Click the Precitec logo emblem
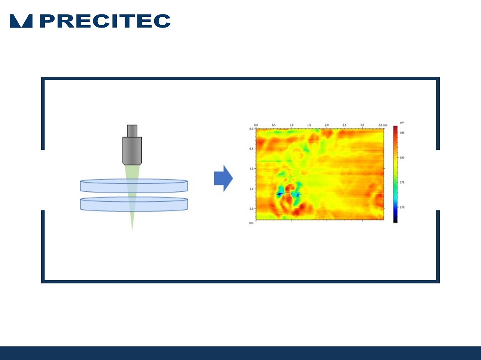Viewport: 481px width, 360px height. (21, 21)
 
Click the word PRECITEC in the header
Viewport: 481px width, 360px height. (105, 21)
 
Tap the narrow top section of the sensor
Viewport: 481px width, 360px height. (132, 130)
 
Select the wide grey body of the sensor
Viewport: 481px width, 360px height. (132, 151)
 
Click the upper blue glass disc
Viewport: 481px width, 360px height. (134, 186)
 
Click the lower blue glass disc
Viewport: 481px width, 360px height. (134, 204)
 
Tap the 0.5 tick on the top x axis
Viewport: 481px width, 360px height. (273, 124)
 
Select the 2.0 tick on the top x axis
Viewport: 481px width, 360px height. (327, 124)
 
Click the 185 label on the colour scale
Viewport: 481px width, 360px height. (402, 133)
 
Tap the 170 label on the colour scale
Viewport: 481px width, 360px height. (402, 207)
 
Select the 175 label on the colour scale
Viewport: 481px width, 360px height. (402, 182)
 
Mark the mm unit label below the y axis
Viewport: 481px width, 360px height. (250, 223)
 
